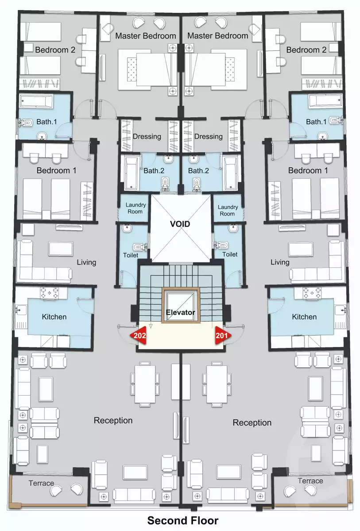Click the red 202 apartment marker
pos(138,336)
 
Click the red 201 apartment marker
pos(222,336)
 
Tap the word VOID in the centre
pos(180,224)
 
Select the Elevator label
pos(180,312)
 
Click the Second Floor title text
pos(182,520)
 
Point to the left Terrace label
pos(41,483)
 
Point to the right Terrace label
pos(310,481)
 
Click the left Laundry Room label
pos(135,208)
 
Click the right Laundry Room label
pos(228,210)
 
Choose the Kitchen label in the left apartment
pos(54,317)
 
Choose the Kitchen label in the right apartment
pos(304,317)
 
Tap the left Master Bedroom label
pos(146,36)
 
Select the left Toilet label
pos(131,255)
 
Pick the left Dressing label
pos(147,136)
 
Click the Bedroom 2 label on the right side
pos(306,50)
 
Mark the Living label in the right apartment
pos(280,262)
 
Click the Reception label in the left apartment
pos(113,420)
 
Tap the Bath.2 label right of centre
pos(198,170)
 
